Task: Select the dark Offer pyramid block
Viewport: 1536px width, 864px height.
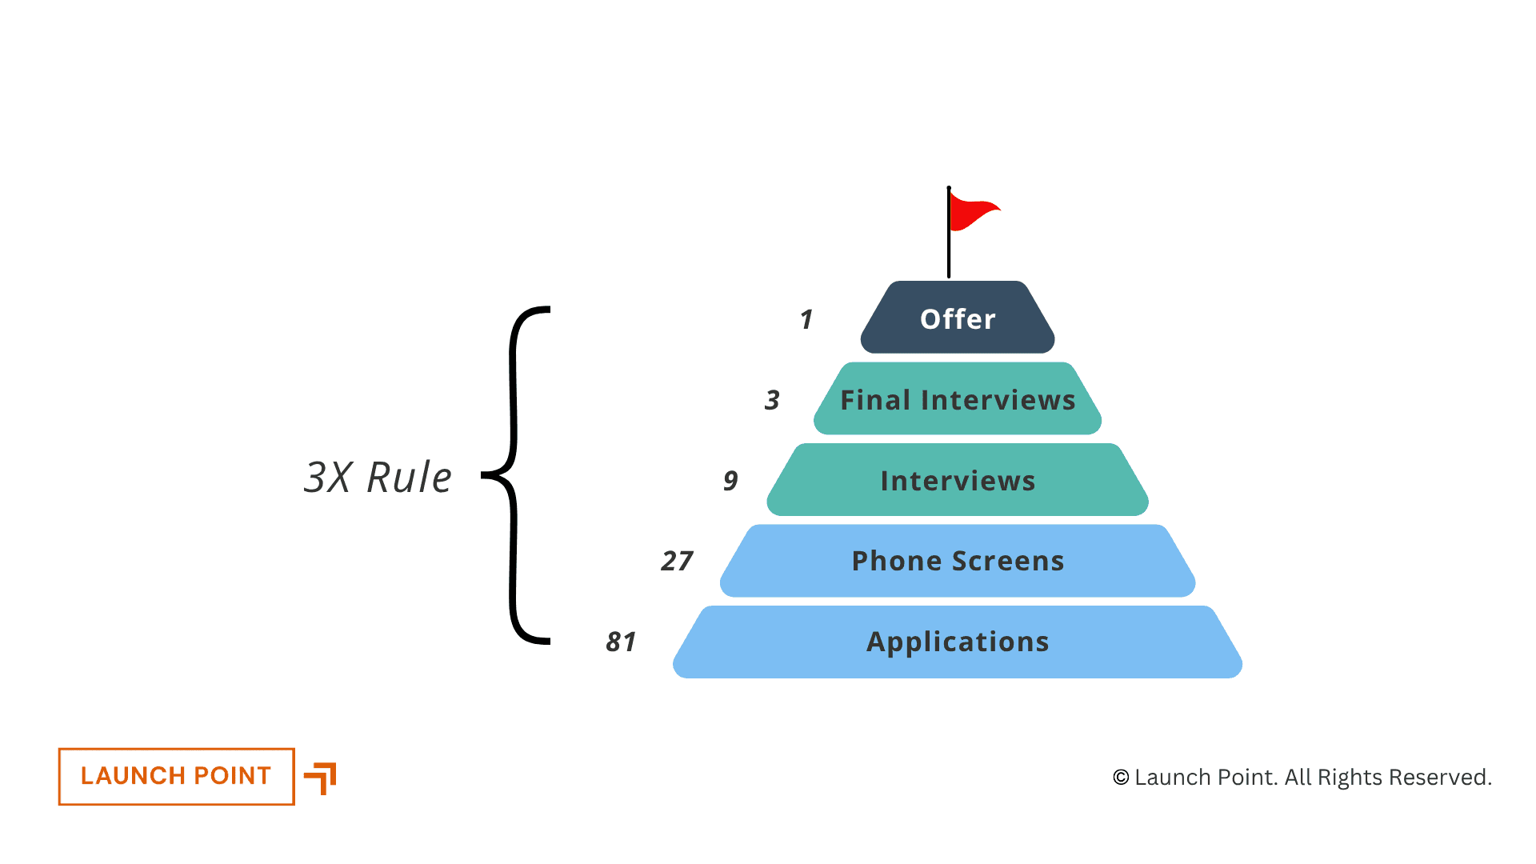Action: pyautogui.click(x=958, y=318)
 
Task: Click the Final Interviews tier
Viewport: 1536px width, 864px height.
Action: pyautogui.click(x=958, y=399)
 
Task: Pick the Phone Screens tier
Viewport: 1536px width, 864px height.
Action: pyautogui.click(x=958, y=561)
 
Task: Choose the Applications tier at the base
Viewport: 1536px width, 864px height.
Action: pyautogui.click(x=958, y=642)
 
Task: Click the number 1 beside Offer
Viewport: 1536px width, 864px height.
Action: pyautogui.click(x=806, y=320)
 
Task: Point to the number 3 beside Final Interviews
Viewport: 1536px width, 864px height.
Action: pyautogui.click(x=772, y=400)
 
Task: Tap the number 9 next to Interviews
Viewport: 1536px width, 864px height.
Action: pyautogui.click(x=730, y=481)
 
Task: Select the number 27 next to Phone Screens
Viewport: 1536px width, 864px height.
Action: pyautogui.click(x=677, y=561)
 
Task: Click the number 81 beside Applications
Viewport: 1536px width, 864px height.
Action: pyautogui.click(x=622, y=642)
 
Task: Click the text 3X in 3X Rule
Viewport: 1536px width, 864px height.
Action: pyautogui.click(x=328, y=478)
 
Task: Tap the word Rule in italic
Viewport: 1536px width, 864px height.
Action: pyautogui.click(x=409, y=478)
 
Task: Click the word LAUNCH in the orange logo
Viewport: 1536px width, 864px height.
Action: pyautogui.click(x=133, y=776)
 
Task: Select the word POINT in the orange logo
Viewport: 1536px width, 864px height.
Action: pyautogui.click(x=233, y=776)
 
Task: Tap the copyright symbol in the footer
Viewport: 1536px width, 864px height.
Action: pyautogui.click(x=1121, y=778)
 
